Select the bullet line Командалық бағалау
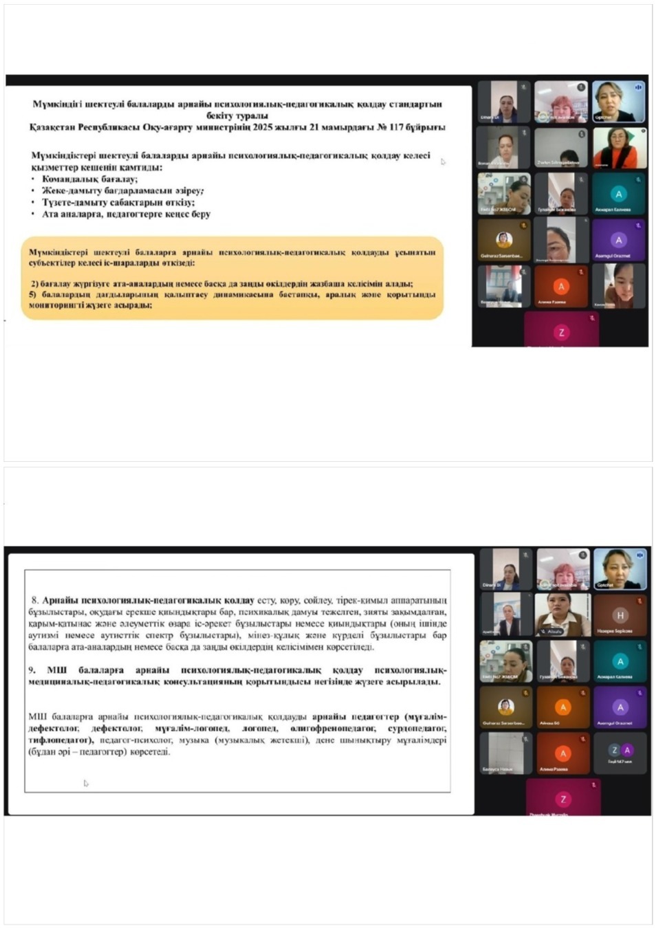pos(89,179)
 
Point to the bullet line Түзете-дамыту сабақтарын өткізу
pos(118,202)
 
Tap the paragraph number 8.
pos(35,600)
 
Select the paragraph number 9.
pos(32,670)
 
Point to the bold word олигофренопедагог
pos(333,728)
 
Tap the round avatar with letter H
pos(620,616)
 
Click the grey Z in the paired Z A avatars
pos(615,750)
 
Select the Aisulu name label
pos(555,630)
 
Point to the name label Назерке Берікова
pos(614,630)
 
